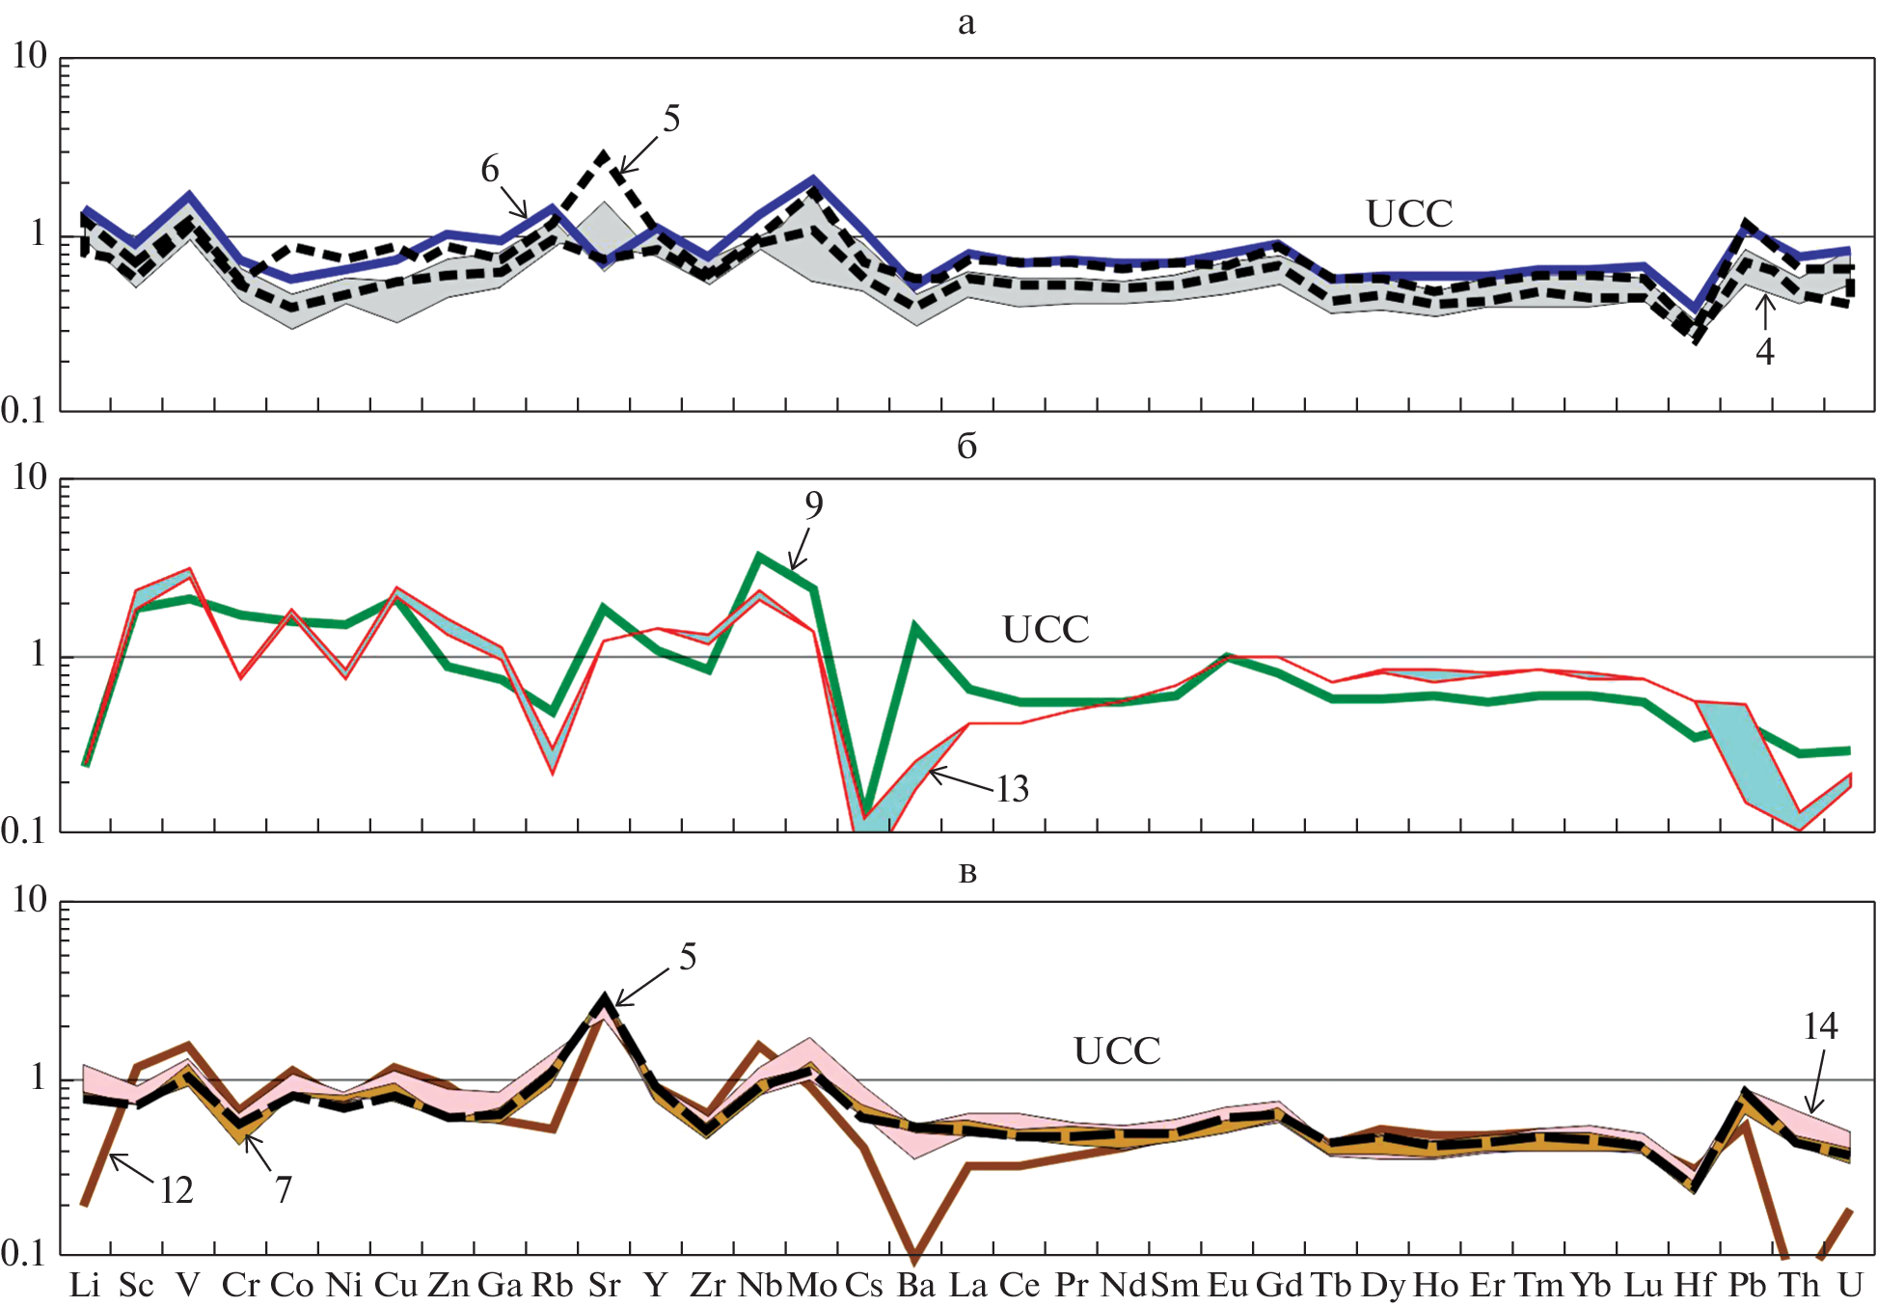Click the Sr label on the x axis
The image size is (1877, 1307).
click(604, 1285)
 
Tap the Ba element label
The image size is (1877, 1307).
click(915, 1285)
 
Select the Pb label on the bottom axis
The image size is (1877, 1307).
click(1747, 1285)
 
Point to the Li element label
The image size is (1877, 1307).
click(85, 1285)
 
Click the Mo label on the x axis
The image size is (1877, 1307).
click(812, 1285)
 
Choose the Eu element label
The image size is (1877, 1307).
click(1227, 1285)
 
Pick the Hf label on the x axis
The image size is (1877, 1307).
click(1695, 1285)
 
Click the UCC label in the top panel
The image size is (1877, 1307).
click(1409, 214)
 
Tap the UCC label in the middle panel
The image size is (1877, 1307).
click(1046, 630)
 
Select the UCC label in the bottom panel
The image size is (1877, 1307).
click(1117, 1051)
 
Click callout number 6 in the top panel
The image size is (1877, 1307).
click(490, 170)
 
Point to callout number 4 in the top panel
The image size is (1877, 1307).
click(1765, 352)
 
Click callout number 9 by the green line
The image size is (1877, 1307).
click(814, 504)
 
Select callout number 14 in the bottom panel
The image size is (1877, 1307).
click(1820, 1026)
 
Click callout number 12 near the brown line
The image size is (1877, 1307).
click(177, 1191)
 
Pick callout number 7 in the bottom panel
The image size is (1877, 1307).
click(283, 1190)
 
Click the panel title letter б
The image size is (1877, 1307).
click(966, 446)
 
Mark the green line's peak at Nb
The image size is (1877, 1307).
click(760, 556)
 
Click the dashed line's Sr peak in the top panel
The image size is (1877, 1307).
click(604, 154)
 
